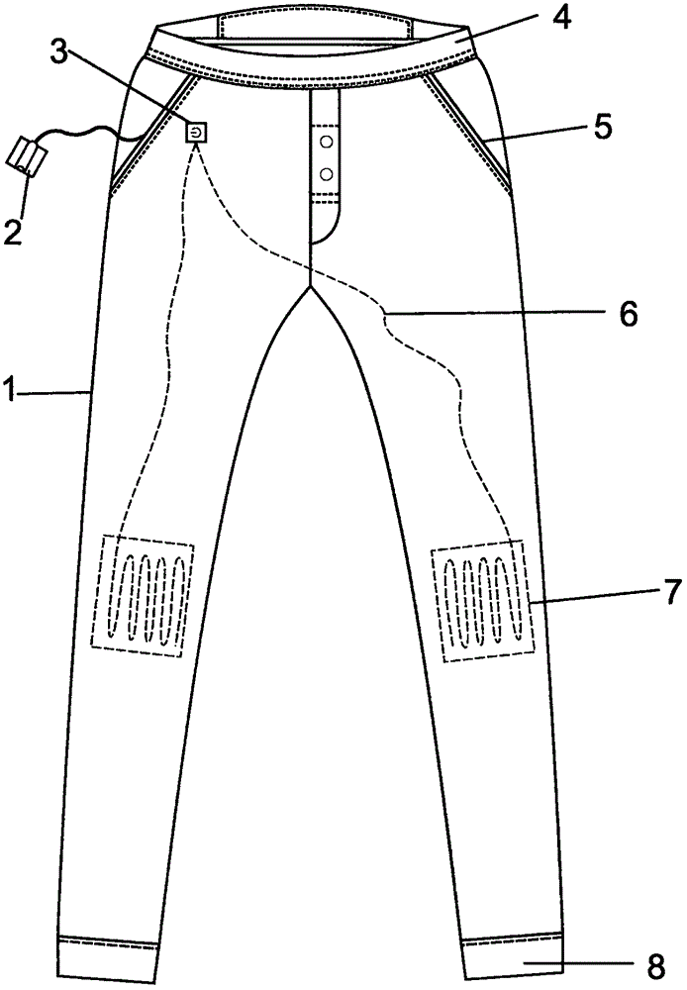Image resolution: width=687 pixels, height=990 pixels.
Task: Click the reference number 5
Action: click(x=603, y=126)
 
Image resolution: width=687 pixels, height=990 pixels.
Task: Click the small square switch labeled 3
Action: click(x=198, y=131)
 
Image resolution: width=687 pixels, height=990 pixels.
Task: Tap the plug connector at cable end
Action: click(x=27, y=155)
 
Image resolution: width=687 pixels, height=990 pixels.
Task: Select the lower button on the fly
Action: click(x=324, y=175)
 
